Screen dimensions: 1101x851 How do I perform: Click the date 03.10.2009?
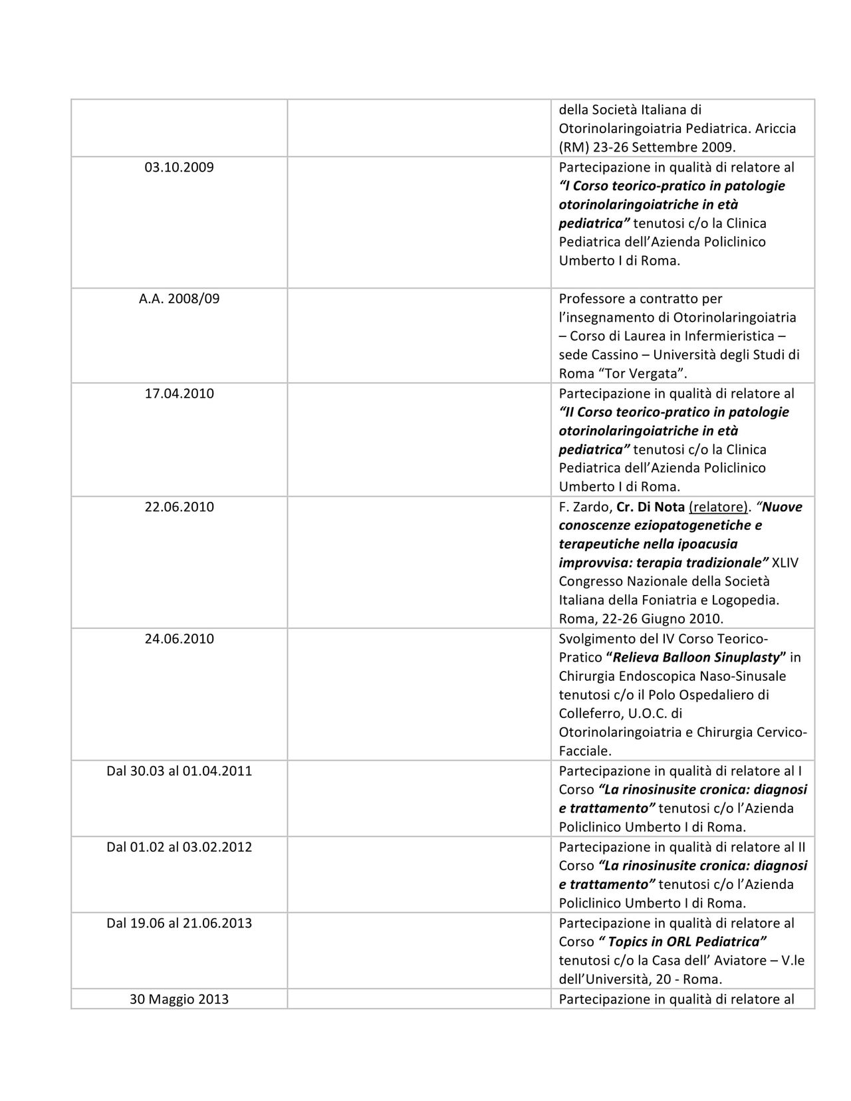pos(179,168)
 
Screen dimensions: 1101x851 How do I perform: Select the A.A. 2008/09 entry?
pos(179,299)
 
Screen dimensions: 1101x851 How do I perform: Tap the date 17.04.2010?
pos(179,394)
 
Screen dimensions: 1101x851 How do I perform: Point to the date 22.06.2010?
pos(179,507)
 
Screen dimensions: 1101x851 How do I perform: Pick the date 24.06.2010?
pos(179,639)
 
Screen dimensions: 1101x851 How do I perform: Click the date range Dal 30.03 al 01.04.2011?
pos(179,771)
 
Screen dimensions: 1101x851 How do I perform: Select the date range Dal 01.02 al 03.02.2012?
pos(179,847)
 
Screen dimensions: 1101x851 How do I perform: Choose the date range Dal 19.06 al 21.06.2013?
pos(179,923)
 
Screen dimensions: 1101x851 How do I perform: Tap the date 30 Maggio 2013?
pos(179,999)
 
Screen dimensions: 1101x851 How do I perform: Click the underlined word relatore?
pos(718,507)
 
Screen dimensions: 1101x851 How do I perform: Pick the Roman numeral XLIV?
pos(786,563)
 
